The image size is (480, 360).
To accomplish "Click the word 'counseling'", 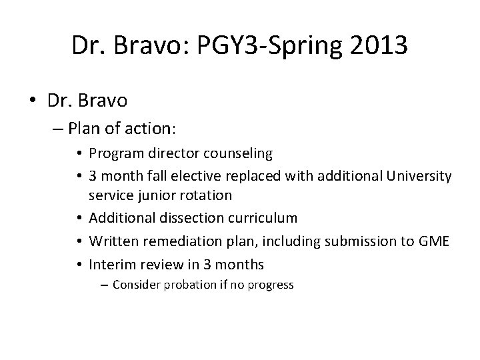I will tap(241, 154).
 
